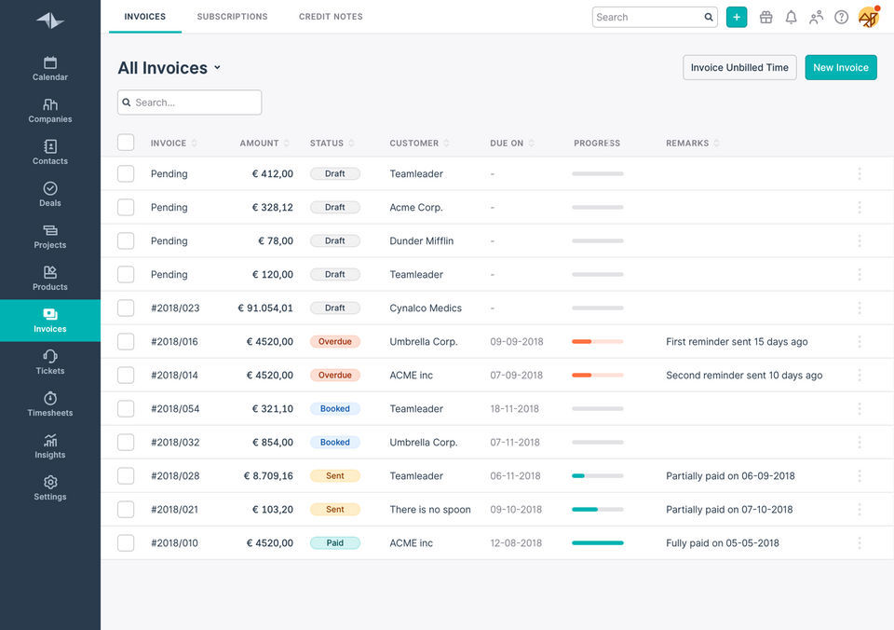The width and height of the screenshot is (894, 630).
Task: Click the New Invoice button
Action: pos(840,67)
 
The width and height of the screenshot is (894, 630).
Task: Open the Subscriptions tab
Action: pos(232,17)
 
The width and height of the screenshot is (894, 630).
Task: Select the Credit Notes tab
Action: pos(331,17)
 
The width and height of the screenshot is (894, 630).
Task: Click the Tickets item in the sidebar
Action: pos(50,362)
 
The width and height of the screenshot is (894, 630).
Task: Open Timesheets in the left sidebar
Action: pos(50,404)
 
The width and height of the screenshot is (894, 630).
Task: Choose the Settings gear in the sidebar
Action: pos(50,487)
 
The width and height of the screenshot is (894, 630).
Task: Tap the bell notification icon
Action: pos(791,17)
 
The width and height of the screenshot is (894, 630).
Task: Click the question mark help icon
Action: pos(841,17)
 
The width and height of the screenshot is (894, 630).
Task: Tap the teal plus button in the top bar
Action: pos(737,17)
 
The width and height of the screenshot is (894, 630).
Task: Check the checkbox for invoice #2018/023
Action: pos(126,308)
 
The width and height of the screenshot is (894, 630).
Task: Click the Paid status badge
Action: pos(334,542)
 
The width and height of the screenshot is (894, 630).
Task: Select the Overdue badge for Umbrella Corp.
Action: pos(334,341)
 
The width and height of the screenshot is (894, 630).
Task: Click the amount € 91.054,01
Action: pos(265,308)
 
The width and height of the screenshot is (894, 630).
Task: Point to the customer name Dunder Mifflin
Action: pos(421,240)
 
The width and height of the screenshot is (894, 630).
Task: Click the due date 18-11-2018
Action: pos(514,408)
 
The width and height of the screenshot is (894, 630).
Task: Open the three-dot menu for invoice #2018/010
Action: pos(859,542)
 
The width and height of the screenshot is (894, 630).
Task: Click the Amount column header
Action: pos(259,143)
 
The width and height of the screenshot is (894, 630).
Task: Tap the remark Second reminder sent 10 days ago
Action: pos(744,375)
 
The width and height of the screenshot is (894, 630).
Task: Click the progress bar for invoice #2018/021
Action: pos(597,509)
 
